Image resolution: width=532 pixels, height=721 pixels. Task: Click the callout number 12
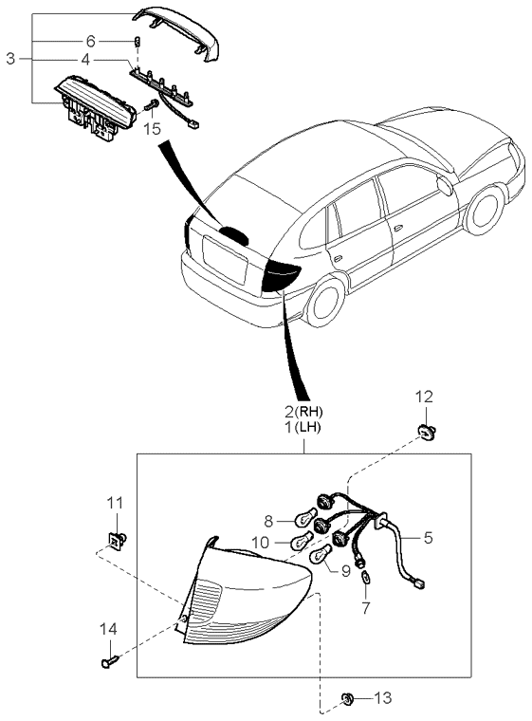coord(424,395)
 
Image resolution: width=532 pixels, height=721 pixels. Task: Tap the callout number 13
coord(380,698)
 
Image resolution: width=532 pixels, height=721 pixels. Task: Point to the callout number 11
coord(114,502)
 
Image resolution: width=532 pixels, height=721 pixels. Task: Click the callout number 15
coord(153,127)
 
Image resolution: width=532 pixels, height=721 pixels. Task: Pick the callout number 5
coord(428,537)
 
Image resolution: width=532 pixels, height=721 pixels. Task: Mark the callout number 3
coord(10,59)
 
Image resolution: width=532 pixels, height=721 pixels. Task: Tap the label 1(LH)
coord(303,429)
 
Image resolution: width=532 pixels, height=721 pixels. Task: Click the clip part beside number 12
coord(425,433)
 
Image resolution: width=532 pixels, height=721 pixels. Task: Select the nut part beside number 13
coord(348,699)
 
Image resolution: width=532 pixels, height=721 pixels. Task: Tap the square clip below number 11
coord(116,542)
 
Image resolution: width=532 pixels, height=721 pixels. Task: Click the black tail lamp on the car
coord(279,276)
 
